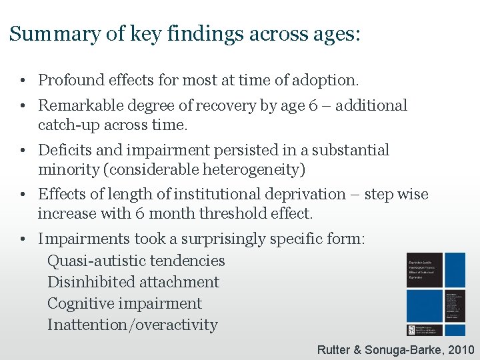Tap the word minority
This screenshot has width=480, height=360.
click(x=68, y=169)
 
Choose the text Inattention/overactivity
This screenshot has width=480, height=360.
click(x=132, y=325)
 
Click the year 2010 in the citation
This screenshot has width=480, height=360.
click(x=461, y=349)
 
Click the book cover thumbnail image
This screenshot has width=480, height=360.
click(x=436, y=293)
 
